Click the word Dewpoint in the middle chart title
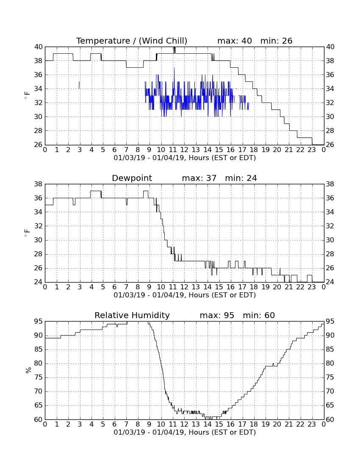click(x=132, y=178)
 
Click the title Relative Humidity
click(x=132, y=315)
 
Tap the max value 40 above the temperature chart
click(x=246, y=41)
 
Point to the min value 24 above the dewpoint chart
click(x=251, y=178)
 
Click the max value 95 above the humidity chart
click(x=229, y=315)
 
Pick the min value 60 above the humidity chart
click(x=269, y=315)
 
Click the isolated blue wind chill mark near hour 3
click(x=79, y=85)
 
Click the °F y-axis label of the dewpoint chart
click(x=28, y=233)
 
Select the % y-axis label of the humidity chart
click(x=28, y=370)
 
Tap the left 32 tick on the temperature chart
click(x=38, y=103)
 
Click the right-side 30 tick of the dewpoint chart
click(x=330, y=240)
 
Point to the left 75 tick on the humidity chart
click(x=38, y=377)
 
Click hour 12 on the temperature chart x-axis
click(x=184, y=150)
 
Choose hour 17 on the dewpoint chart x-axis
click(x=242, y=287)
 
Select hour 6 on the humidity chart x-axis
click(x=114, y=424)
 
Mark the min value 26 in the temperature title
click(x=287, y=41)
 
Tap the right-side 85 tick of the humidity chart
click(x=330, y=349)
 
